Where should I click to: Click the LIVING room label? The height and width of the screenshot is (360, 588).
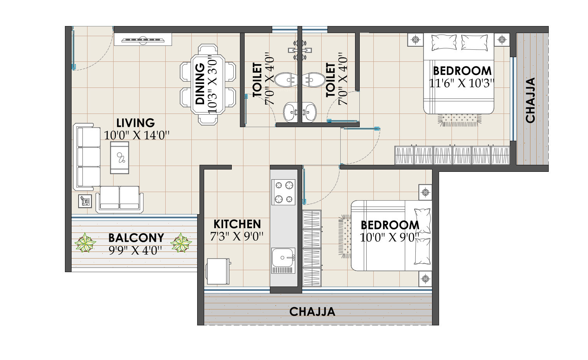135,123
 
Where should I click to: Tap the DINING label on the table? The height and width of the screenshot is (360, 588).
200,84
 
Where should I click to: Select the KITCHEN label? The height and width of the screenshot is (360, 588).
237,224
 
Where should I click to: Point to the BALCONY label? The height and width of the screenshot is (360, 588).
136,238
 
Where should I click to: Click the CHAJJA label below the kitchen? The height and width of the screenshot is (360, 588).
312,312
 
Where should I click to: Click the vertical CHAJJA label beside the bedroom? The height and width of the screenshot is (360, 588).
530,100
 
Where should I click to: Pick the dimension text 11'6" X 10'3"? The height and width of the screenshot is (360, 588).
462,84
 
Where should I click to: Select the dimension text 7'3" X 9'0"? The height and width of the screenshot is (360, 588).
237,237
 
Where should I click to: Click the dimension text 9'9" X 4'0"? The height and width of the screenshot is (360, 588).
135,251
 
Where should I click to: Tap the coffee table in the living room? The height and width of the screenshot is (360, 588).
119,158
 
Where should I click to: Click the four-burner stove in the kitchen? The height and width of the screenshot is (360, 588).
283,192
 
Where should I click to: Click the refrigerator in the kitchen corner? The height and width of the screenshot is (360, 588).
218,271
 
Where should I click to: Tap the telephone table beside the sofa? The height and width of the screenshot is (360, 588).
85,201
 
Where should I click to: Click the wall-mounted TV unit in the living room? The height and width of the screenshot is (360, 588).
143,40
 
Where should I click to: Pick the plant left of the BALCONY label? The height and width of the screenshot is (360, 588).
85,243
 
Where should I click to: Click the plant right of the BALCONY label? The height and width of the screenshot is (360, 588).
181,243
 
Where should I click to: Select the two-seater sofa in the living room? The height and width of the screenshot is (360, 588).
120,199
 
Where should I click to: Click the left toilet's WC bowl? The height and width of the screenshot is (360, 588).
286,80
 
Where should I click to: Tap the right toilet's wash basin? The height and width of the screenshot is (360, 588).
309,112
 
